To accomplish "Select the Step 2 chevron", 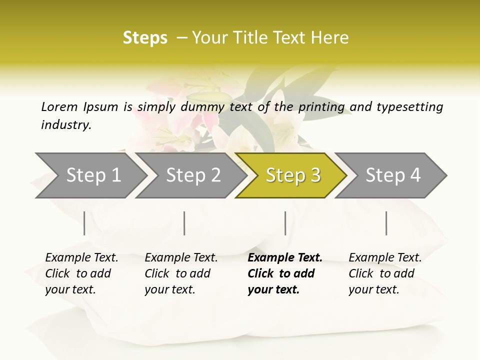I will click(x=193, y=175).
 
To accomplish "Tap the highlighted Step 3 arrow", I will click(x=293, y=175).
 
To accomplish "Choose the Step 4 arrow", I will click(x=393, y=175).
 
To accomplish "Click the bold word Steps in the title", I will click(x=145, y=38).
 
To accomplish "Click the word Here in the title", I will click(x=329, y=38).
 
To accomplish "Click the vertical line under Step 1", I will click(x=84, y=223).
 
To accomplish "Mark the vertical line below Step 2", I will click(x=184, y=223).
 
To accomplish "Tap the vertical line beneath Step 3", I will click(x=285, y=223).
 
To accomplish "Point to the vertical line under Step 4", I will click(x=386, y=223).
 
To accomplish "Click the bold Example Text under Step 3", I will click(x=285, y=258).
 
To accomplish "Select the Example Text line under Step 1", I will click(x=81, y=258).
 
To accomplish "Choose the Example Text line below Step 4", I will click(x=385, y=258).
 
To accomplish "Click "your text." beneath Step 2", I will click(x=169, y=289).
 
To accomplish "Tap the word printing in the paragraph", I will click(x=321, y=107).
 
